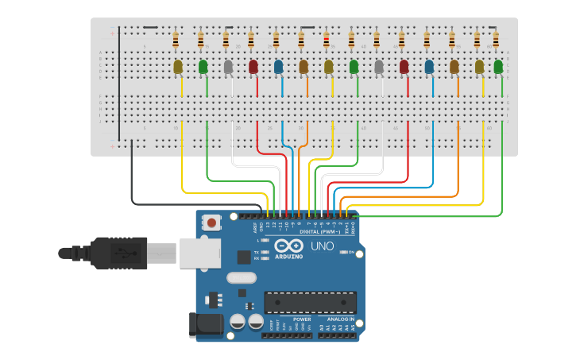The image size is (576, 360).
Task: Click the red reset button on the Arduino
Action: tap(212, 223)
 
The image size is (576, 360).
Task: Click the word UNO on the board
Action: tap(322, 246)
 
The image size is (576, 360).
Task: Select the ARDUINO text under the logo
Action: tap(289, 257)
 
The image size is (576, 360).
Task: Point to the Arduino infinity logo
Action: tap(289, 246)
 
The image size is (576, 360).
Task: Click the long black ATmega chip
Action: tap(310, 303)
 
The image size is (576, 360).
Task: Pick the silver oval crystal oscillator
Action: tap(242, 278)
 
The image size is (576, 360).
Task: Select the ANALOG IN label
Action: tap(342, 319)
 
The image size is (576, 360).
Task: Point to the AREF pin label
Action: tap(255, 226)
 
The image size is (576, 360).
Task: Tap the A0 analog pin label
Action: tap(322, 327)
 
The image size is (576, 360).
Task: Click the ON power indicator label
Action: tap(350, 252)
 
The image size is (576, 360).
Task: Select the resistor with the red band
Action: tap(326, 39)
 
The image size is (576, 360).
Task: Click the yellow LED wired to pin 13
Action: tap(178, 67)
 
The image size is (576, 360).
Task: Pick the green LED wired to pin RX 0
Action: tap(498, 67)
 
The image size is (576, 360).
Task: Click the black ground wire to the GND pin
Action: tap(132, 179)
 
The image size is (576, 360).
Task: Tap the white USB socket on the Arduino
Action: tap(199, 254)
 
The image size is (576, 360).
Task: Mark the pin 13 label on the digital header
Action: tap(268, 226)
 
